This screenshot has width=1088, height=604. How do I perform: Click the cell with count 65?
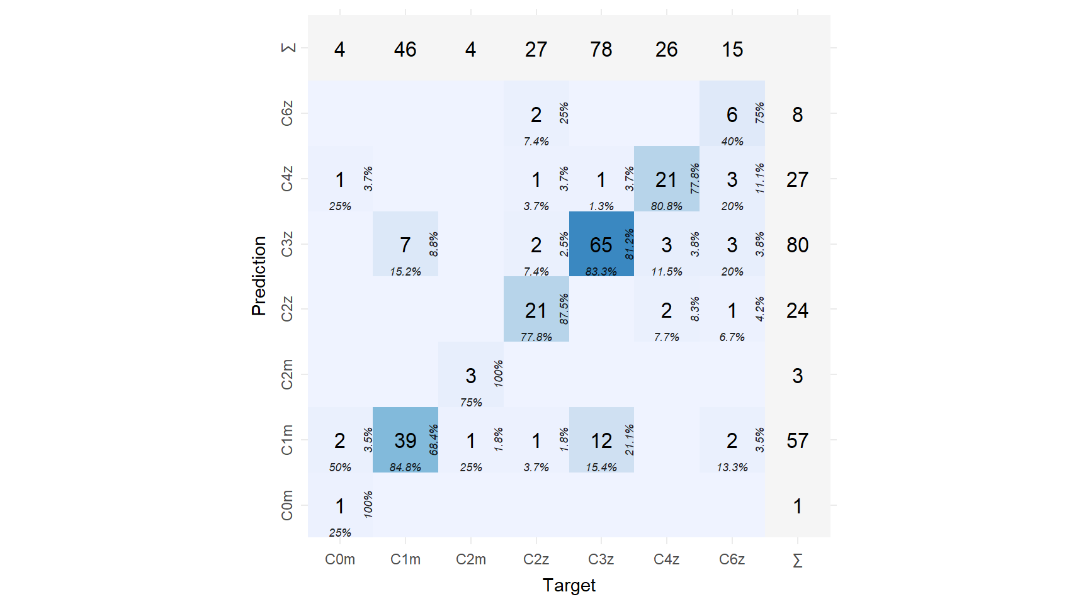click(x=601, y=245)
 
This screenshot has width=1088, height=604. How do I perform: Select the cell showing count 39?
click(x=405, y=440)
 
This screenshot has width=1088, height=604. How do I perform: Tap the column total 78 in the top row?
click(x=601, y=49)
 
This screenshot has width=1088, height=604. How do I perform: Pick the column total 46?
click(x=405, y=49)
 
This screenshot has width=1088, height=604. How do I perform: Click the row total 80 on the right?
click(x=797, y=245)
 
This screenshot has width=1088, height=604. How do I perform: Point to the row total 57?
click(x=797, y=440)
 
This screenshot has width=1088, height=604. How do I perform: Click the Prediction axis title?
click(x=259, y=276)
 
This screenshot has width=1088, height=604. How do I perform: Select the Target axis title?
click(x=569, y=585)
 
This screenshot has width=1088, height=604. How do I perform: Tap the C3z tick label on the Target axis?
click(x=601, y=559)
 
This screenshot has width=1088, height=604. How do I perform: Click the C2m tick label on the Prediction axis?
click(x=287, y=374)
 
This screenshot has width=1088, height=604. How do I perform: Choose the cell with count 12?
click(x=601, y=440)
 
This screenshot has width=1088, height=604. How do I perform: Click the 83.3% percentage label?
click(x=601, y=272)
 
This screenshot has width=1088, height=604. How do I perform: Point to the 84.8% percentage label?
click(x=405, y=467)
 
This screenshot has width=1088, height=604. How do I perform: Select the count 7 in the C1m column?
click(x=405, y=245)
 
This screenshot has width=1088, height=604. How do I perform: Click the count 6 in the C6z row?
click(x=732, y=115)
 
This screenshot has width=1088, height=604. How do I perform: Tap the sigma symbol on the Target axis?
click(x=797, y=560)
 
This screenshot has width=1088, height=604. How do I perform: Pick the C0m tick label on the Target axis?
click(x=340, y=559)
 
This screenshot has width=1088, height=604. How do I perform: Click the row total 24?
click(x=797, y=310)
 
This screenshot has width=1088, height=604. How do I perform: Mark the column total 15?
click(x=732, y=49)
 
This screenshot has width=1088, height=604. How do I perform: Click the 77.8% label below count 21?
click(x=536, y=337)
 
